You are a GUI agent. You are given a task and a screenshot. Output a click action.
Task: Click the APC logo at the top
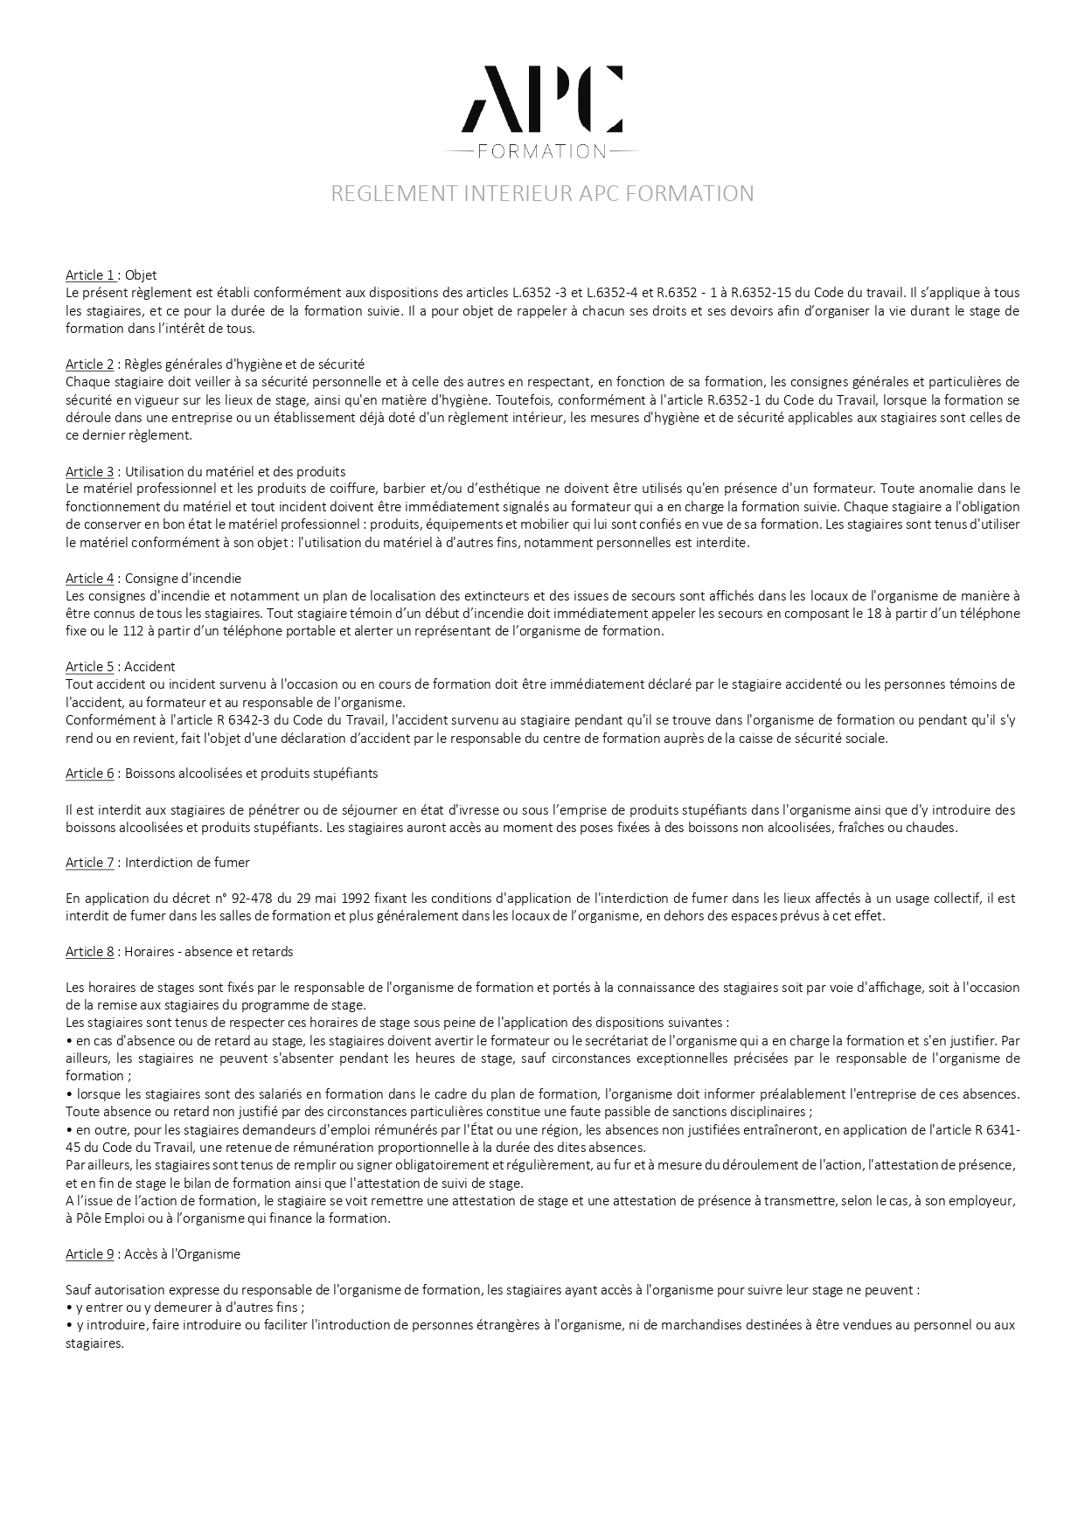[542, 97]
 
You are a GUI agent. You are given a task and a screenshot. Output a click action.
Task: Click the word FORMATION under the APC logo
[542, 151]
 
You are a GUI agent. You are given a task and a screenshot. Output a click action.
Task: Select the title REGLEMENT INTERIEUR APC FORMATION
[542, 193]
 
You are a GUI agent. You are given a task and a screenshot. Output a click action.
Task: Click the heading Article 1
[90, 274]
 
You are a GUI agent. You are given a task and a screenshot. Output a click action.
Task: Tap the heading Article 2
[90, 364]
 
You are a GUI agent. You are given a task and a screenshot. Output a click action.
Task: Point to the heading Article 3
[90, 471]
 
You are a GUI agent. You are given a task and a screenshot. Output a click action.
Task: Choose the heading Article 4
[90, 578]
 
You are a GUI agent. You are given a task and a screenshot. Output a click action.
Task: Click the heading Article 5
[90, 666]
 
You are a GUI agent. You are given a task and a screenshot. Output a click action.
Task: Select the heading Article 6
[90, 774]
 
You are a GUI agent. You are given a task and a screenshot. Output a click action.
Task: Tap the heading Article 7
[90, 863]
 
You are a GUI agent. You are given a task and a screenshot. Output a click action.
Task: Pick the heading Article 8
[90, 951]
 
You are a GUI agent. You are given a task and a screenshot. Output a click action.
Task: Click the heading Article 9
[90, 1253]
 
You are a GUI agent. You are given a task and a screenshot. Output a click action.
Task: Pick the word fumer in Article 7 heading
[233, 863]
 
